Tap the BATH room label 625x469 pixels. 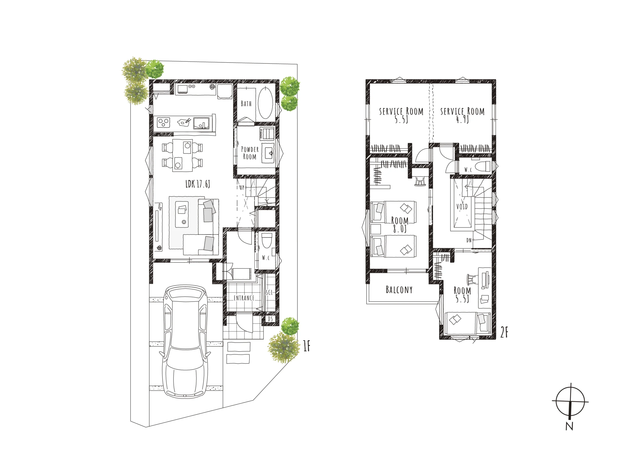[x=246, y=104]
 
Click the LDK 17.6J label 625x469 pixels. [x=198, y=184]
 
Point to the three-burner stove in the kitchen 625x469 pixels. [x=163, y=122]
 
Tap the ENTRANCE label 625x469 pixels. [x=244, y=298]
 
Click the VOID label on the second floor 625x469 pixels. [x=462, y=207]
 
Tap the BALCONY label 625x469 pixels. [x=399, y=289]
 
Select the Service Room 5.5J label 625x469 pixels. [x=401, y=115]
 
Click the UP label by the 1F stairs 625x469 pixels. [x=242, y=187]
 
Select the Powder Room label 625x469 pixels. [x=250, y=153]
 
